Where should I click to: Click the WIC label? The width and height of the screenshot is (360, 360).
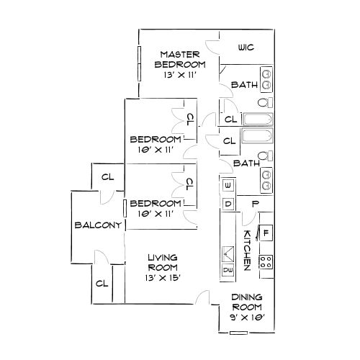(246, 48)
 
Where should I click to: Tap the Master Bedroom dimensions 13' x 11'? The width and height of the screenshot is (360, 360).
(179, 74)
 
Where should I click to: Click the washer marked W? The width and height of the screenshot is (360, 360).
(228, 186)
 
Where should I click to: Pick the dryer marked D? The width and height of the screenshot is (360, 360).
(228, 204)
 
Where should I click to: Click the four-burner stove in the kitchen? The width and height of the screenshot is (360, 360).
(266, 263)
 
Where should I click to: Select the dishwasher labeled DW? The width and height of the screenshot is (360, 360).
(228, 271)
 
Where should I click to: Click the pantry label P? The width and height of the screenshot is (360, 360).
(254, 204)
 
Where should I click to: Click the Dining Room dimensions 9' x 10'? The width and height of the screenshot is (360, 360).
(247, 317)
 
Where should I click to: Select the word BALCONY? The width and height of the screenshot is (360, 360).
(96, 225)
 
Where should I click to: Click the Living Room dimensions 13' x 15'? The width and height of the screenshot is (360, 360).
(163, 277)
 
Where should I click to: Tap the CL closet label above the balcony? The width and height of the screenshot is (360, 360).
(107, 176)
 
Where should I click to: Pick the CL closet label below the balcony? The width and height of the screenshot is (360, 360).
(102, 283)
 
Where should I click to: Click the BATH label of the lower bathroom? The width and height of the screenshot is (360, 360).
(247, 163)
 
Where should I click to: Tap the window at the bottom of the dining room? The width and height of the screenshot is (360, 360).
(238, 333)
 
